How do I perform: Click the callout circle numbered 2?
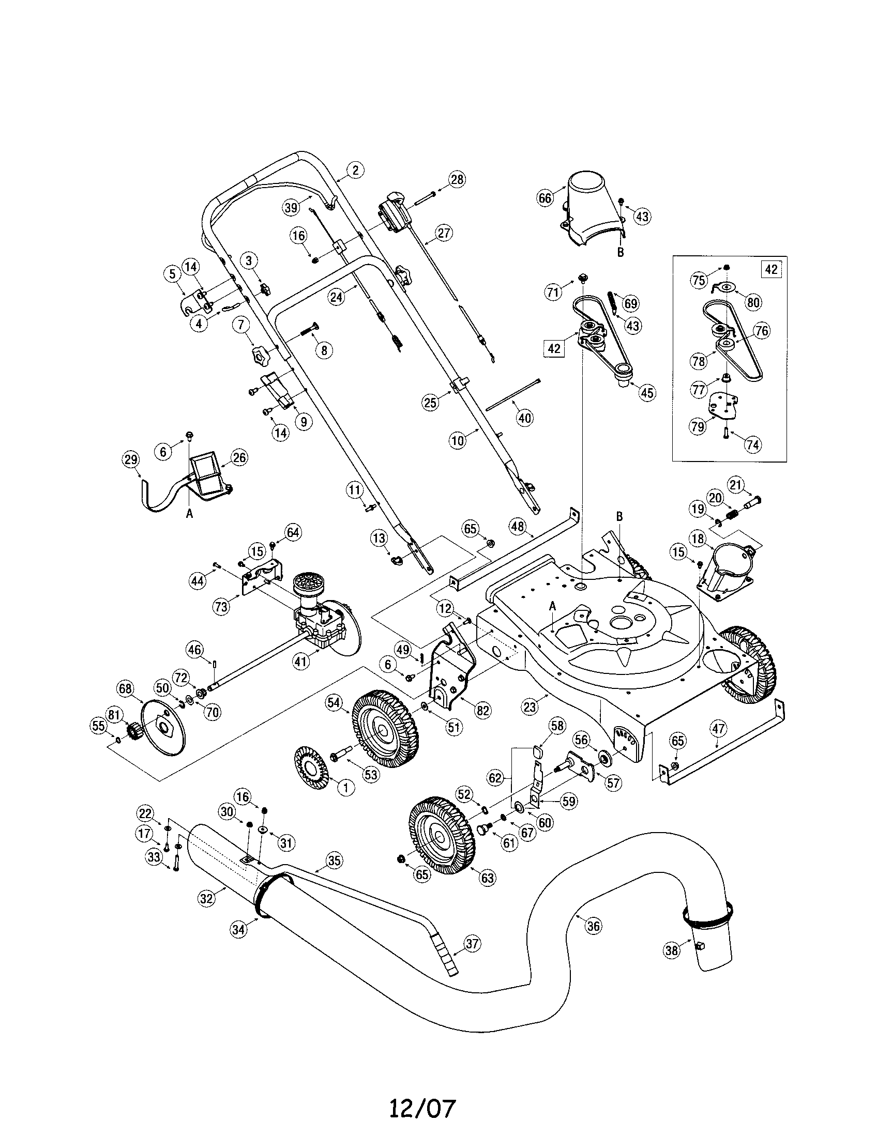[x=355, y=170]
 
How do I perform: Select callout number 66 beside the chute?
[x=545, y=198]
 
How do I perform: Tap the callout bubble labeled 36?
[x=593, y=925]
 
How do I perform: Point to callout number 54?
[x=334, y=703]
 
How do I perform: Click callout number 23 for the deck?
[x=530, y=707]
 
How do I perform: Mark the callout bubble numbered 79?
[x=698, y=426]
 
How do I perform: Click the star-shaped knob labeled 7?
[x=259, y=357]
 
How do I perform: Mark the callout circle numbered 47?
[x=719, y=729]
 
